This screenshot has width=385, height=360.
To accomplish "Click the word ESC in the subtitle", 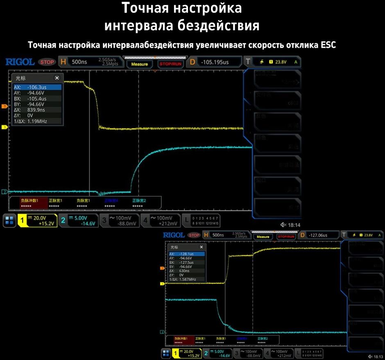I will point(327,45).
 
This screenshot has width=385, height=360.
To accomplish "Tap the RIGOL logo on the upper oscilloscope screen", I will point(20,62).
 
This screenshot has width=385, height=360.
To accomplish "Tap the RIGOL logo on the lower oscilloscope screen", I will point(174,235).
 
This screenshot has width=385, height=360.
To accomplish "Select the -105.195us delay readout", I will point(215,62).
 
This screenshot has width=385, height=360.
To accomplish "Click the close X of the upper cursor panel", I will point(57,78).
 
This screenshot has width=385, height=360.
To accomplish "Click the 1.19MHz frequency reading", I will point(36,121).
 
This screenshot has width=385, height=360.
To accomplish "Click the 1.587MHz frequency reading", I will point(187,279).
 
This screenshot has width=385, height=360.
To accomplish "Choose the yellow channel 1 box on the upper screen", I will point(36,220).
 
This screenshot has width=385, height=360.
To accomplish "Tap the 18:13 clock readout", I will point(378,356).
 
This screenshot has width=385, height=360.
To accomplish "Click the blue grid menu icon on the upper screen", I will point(9,220).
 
